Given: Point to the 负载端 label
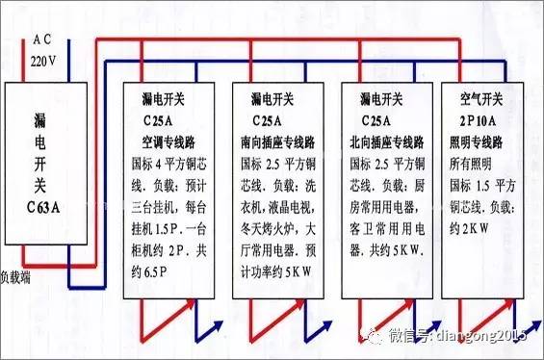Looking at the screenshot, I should (x=18, y=274).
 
